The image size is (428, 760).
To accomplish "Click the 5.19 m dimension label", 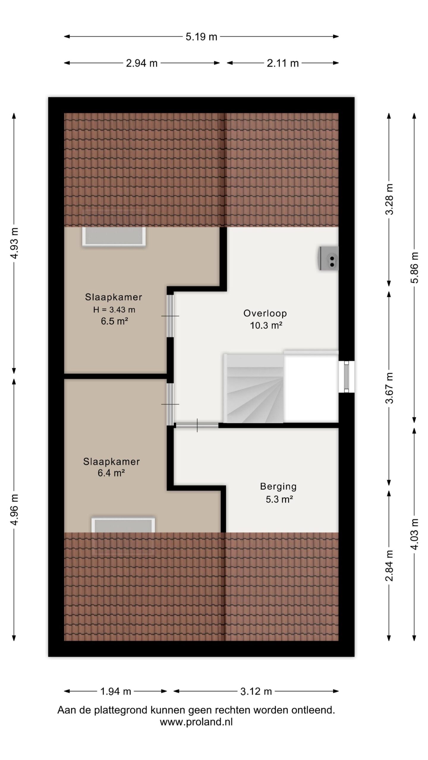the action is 201,37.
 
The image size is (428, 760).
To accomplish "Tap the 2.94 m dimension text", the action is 141,63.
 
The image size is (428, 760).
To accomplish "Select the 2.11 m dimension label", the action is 282,63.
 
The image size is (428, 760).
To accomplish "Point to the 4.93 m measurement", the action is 14,243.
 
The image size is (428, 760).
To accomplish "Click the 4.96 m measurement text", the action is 14,509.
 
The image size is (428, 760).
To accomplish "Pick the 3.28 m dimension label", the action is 389,199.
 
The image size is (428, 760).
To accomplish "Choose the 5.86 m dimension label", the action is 415,267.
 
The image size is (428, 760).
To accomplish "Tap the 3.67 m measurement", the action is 389,388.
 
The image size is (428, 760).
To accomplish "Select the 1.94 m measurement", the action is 116,691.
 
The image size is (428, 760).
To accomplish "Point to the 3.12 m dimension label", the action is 256,691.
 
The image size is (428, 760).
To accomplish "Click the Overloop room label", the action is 265,313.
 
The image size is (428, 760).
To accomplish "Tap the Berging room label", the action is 278,487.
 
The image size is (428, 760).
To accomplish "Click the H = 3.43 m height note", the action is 114,310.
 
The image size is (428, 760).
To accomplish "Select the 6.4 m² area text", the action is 111,473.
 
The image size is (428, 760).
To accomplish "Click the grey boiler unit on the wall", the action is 329,258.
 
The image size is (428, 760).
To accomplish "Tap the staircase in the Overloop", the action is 253,388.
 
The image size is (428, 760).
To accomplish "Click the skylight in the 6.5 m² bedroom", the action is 114,236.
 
